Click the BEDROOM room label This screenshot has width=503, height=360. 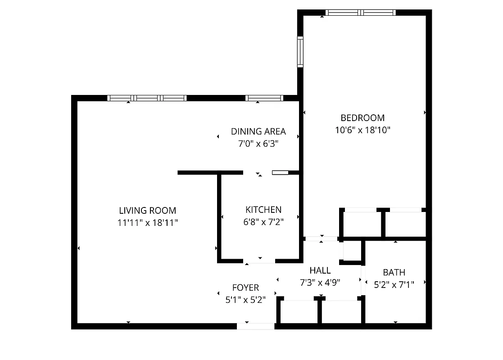(x=363, y=118)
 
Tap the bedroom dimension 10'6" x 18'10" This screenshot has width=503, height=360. (x=363, y=130)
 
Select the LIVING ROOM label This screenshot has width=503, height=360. (x=147, y=210)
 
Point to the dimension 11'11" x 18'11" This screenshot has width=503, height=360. (x=147, y=222)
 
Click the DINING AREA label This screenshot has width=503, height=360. (x=258, y=131)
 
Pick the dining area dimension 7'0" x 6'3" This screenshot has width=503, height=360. (x=258, y=144)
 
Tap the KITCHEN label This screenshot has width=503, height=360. (x=263, y=209)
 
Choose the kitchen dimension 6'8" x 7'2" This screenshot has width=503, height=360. (x=263, y=221)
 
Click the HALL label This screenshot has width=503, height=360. (x=320, y=270)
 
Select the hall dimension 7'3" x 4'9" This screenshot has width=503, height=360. (x=320, y=283)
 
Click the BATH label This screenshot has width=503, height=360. (x=394, y=272)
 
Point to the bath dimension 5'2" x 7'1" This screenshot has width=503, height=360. (x=394, y=284)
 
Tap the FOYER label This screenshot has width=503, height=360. (x=245, y=288)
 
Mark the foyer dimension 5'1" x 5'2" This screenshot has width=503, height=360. (x=245, y=300)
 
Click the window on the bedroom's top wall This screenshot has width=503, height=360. (x=361, y=13)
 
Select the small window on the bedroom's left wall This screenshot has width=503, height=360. (x=300, y=52)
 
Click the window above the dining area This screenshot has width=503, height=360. (x=264, y=98)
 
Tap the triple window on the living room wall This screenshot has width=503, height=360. (x=147, y=98)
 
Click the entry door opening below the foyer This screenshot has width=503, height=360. (x=256, y=326)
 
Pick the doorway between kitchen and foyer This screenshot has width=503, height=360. (x=259, y=261)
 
